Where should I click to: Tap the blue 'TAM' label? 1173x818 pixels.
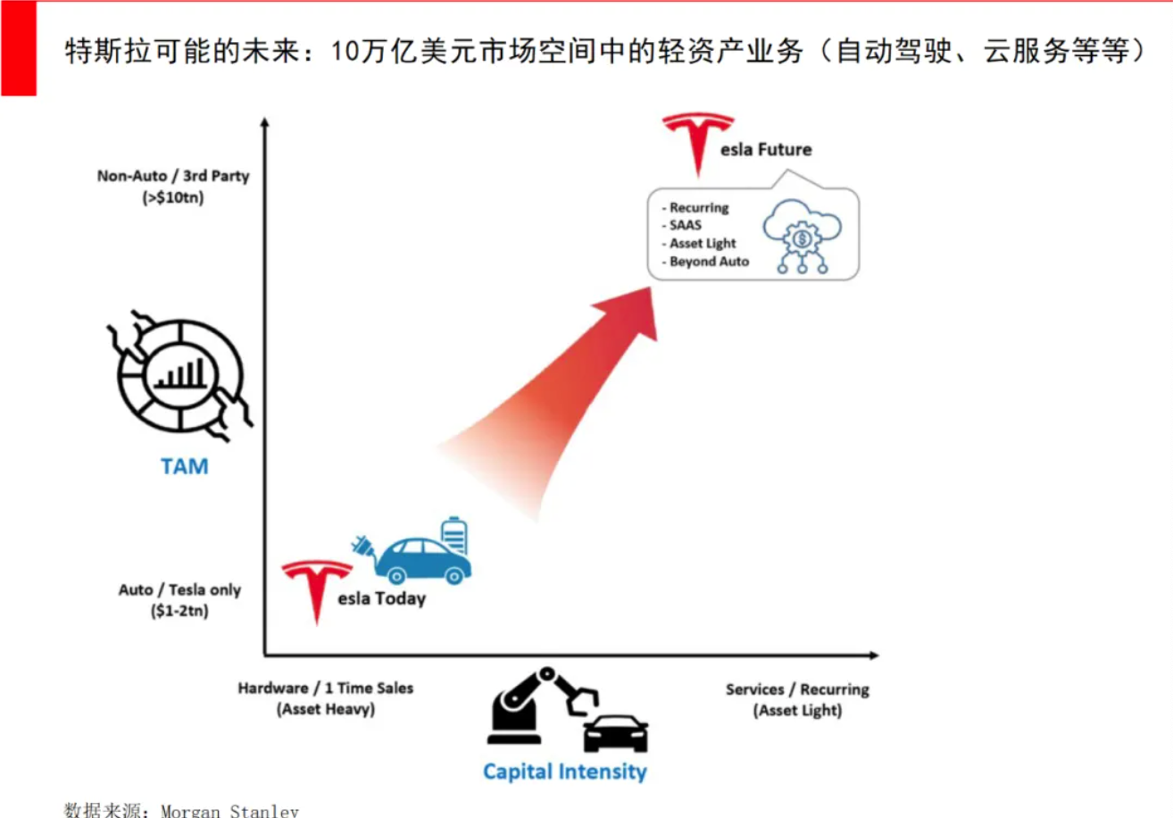(184, 466)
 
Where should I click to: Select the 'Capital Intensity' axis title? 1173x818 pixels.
(565, 772)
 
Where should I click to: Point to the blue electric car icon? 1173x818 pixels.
(423, 561)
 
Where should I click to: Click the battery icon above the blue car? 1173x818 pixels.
(454, 535)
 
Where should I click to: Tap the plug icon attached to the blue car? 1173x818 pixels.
(362, 547)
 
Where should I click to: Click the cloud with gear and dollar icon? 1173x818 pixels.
(802, 236)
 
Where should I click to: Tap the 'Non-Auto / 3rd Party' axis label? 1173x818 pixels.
(173, 176)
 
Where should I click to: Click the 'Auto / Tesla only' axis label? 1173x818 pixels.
(179, 589)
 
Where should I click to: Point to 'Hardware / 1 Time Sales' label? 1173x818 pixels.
(326, 688)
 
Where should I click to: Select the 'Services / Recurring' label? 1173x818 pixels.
(797, 689)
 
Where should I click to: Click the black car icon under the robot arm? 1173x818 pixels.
(616, 734)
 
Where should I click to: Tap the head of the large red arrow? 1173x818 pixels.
(630, 312)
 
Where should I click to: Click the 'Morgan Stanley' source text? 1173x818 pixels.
(229, 811)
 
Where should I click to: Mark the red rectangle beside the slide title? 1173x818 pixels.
(19, 48)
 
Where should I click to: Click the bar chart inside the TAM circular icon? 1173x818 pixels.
(180, 374)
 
